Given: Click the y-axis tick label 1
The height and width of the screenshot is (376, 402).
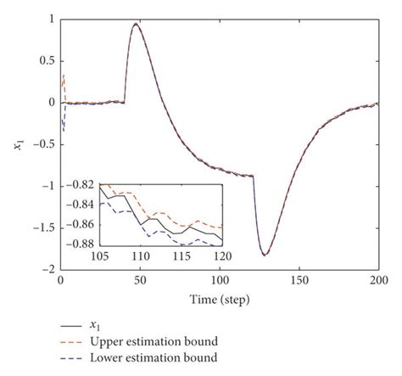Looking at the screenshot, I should (x=51, y=19).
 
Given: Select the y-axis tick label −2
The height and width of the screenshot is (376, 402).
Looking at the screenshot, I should (x=48, y=268).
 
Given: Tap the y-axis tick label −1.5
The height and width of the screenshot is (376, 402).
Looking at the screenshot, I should (x=43, y=227).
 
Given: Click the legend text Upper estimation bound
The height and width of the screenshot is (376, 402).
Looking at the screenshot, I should (x=154, y=341).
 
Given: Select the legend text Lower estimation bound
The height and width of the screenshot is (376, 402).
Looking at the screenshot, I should (x=154, y=358).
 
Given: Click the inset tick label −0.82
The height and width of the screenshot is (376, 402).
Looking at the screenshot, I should (x=82, y=185).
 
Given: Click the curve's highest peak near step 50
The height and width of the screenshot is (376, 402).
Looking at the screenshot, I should (x=136, y=24).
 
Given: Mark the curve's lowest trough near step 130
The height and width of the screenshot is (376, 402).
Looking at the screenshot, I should (x=265, y=254).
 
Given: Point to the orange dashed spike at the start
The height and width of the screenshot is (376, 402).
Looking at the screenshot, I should (x=63, y=76).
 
